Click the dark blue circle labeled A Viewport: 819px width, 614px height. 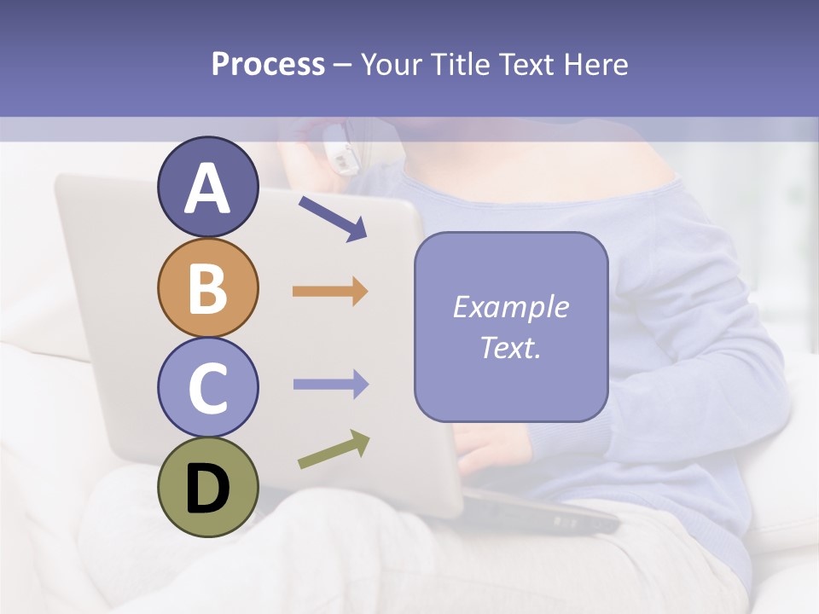[208, 188]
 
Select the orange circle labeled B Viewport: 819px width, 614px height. [208, 288]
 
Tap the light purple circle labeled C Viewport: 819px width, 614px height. [208, 387]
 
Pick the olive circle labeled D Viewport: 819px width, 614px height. [208, 487]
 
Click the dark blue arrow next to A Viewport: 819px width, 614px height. [333, 218]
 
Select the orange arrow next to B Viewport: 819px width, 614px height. [330, 292]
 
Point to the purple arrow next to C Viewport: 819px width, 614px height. [330, 385]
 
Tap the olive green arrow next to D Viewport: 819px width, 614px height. [334, 449]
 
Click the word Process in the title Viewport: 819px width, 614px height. [268, 65]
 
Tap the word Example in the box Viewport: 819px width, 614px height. [510, 307]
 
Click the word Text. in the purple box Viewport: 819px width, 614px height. [510, 347]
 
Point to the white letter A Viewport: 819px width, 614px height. [208, 188]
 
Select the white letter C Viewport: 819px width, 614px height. [208, 388]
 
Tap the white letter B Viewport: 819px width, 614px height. [208, 288]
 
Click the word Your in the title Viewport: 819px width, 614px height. [392, 65]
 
